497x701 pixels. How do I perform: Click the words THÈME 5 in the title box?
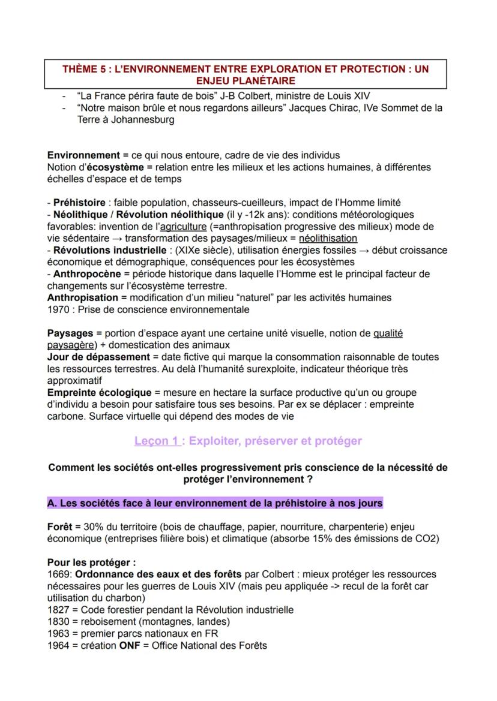83,69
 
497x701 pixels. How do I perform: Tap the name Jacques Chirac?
321,108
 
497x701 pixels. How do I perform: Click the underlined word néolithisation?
328,238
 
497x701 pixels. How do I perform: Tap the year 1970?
58,309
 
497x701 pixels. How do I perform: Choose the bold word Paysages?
70,333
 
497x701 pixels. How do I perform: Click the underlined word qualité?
388,333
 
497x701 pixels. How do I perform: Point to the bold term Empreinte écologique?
99,393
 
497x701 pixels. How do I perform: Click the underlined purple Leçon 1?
157,441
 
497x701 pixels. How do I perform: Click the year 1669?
58,574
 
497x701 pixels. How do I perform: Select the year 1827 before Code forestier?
58,610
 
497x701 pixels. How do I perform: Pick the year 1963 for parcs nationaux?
58,633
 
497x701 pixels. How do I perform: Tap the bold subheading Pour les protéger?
91,562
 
